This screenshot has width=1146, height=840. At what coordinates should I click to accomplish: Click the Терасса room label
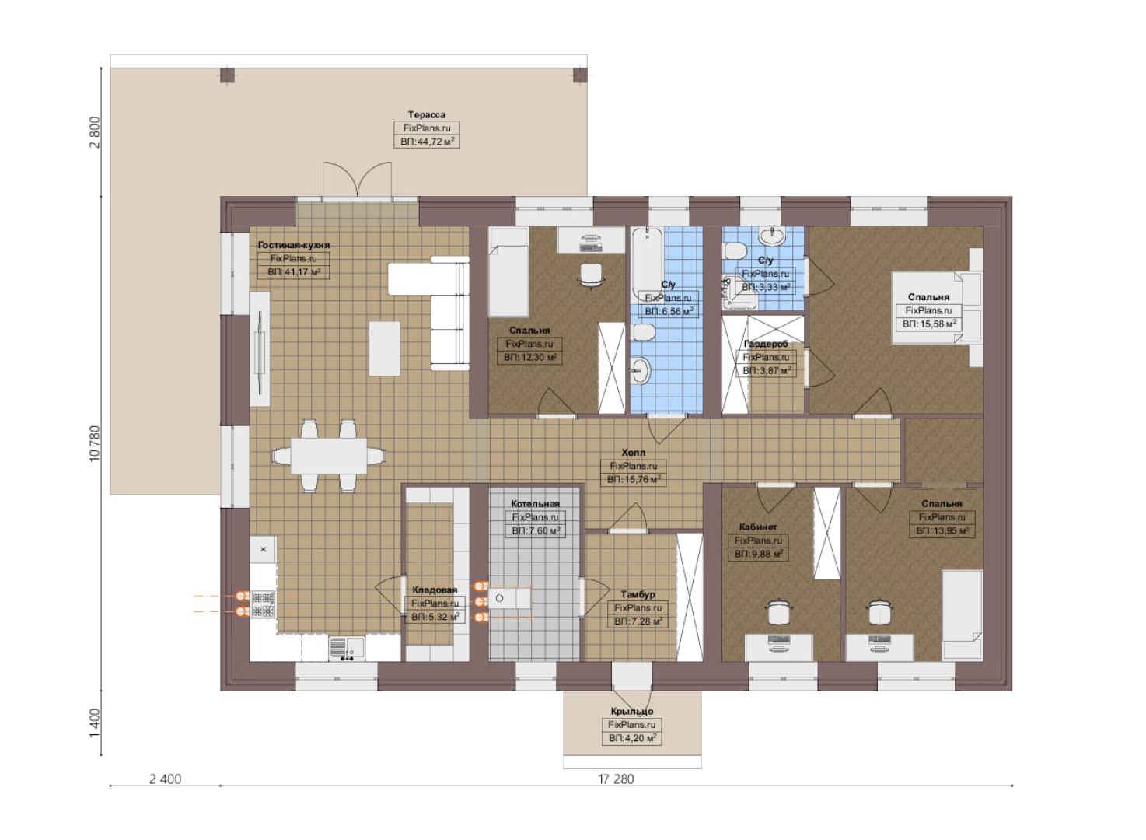(x=426, y=114)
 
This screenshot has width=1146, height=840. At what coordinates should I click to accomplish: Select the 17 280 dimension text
(x=616, y=779)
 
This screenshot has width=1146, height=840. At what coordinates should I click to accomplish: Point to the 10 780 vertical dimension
(x=95, y=443)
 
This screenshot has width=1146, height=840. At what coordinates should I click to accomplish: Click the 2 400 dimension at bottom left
(x=165, y=779)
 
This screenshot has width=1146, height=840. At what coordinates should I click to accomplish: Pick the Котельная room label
(x=535, y=504)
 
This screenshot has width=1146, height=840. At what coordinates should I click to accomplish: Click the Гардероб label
(x=766, y=344)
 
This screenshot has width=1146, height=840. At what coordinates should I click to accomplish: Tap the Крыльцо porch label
(x=632, y=712)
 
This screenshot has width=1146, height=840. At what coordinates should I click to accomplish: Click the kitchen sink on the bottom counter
(x=346, y=648)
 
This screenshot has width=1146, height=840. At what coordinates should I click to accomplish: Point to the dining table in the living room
(x=328, y=456)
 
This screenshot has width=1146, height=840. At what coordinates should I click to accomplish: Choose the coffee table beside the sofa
(x=384, y=348)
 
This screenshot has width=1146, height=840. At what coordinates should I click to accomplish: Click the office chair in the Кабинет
(x=778, y=611)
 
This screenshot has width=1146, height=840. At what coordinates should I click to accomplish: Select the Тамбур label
(x=638, y=594)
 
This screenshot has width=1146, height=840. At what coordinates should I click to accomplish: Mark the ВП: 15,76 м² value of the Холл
(x=634, y=480)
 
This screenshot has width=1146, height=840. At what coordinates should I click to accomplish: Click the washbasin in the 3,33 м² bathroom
(x=773, y=236)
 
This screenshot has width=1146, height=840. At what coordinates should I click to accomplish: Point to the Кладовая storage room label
(x=435, y=590)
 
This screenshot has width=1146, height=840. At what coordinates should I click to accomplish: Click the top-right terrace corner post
(x=580, y=75)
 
